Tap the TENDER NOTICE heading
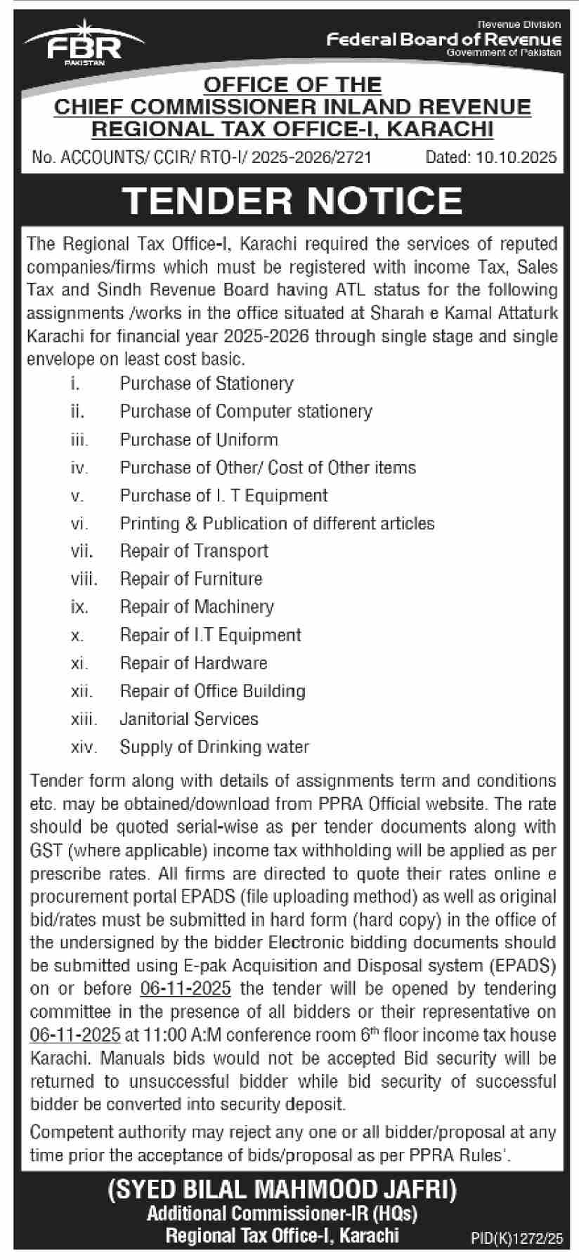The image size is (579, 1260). tap(292, 200)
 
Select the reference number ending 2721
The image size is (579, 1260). tap(202, 157)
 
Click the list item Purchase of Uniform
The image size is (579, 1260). tap(199, 440)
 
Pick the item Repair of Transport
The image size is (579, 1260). tap(194, 551)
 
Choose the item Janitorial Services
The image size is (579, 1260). tap(189, 719)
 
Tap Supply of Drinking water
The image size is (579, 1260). tap(214, 747)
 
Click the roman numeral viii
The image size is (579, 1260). tap(84, 579)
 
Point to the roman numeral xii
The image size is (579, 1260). tap(82, 692)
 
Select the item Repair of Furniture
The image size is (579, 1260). tap(191, 579)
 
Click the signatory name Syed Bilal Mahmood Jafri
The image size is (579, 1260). tap(282, 1190)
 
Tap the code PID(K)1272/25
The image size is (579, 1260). tap(516, 1240)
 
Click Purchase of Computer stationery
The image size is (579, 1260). tap(246, 412)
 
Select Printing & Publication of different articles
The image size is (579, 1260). tap(277, 523)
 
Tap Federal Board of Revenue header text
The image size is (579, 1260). tap(444, 40)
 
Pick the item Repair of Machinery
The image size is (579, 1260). tap(197, 607)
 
